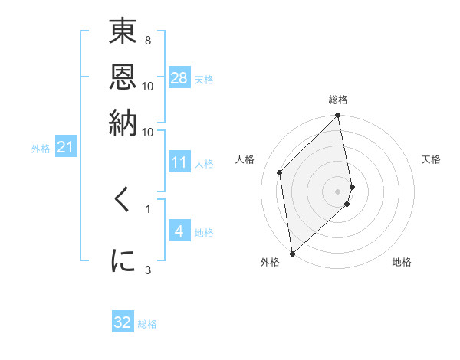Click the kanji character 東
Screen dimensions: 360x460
click(x=123, y=34)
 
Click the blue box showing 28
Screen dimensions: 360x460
click(x=179, y=77)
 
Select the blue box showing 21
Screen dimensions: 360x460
click(x=65, y=146)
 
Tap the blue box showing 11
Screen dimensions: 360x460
click(x=179, y=162)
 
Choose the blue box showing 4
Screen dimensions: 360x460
click(x=179, y=231)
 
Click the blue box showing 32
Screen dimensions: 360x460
click(x=123, y=322)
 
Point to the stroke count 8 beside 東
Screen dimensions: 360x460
click(x=147, y=39)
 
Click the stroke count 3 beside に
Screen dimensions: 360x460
click(x=147, y=269)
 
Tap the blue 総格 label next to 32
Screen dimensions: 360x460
click(x=147, y=324)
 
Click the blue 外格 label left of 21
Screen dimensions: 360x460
click(x=40, y=148)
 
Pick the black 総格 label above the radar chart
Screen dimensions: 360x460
click(x=337, y=100)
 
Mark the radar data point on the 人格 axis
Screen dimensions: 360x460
click(x=280, y=172)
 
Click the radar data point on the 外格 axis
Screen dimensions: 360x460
click(x=292, y=253)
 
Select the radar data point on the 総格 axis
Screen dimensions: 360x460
click(x=337, y=116)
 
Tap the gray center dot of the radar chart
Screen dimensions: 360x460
click(x=337, y=191)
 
